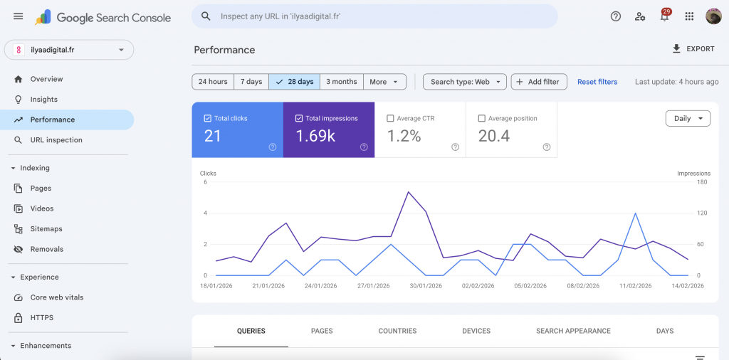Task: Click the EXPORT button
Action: [693, 49]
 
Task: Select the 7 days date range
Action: [251, 82]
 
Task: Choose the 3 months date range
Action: [342, 82]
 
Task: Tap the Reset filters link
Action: [597, 82]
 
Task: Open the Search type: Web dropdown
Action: [465, 82]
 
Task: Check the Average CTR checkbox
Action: [390, 119]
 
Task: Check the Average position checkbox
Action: [482, 119]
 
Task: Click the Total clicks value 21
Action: [213, 136]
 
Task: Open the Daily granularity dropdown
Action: [688, 119]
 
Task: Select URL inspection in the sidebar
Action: [56, 140]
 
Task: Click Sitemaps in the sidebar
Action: [46, 229]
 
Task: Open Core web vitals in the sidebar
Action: [57, 297]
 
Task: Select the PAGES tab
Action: [322, 331]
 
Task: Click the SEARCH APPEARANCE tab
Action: [573, 331]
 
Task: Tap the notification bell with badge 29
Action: [665, 16]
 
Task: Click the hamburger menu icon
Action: [19, 16]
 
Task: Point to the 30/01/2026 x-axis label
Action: [426, 286]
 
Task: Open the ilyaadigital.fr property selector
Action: [69, 50]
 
